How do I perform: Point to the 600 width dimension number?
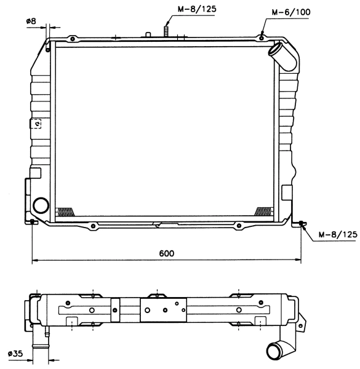click(166, 253)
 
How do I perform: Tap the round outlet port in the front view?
click(42, 205)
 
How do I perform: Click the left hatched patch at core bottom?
click(65, 211)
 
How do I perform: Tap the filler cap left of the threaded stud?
click(148, 34)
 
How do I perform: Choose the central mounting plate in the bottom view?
click(163, 310)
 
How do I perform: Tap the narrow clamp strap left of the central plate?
click(115, 310)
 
